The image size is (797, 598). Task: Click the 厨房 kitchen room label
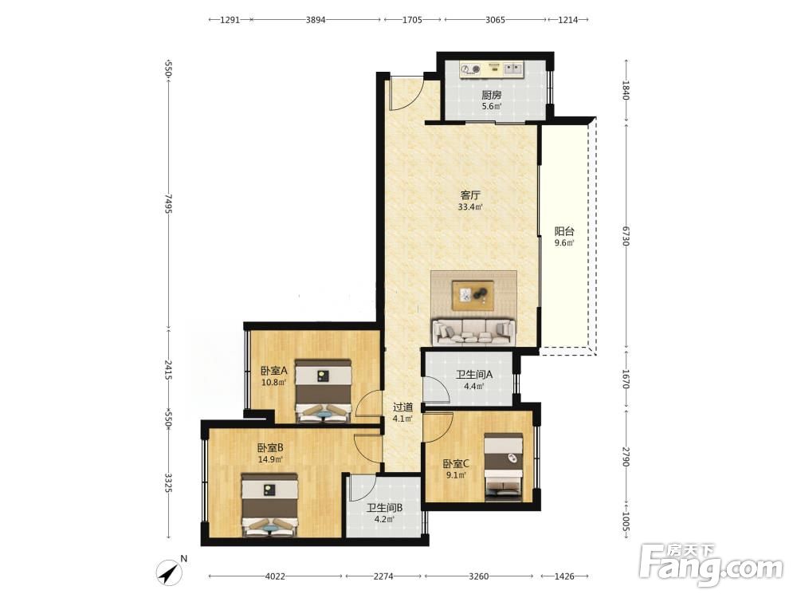[492, 95]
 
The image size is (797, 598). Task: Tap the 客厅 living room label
[470, 195]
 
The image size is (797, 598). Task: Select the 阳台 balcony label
[564, 231]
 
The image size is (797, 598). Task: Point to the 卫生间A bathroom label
[473, 376]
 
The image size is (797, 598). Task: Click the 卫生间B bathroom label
[385, 507]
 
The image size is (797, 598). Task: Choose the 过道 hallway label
[402, 407]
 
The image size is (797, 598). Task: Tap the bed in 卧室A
[324, 391]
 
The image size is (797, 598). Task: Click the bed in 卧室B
[269, 505]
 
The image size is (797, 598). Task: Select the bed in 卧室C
[503, 466]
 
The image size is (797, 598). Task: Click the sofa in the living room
[473, 331]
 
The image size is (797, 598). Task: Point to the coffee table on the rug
[473, 295]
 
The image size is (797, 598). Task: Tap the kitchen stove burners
[471, 69]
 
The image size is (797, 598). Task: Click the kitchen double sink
[512, 69]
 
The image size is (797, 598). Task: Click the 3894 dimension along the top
[316, 20]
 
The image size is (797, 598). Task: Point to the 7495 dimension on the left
[168, 203]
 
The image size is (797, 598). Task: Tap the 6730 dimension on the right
[626, 236]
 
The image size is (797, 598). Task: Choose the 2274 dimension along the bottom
[383, 576]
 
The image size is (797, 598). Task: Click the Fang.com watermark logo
[711, 565]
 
